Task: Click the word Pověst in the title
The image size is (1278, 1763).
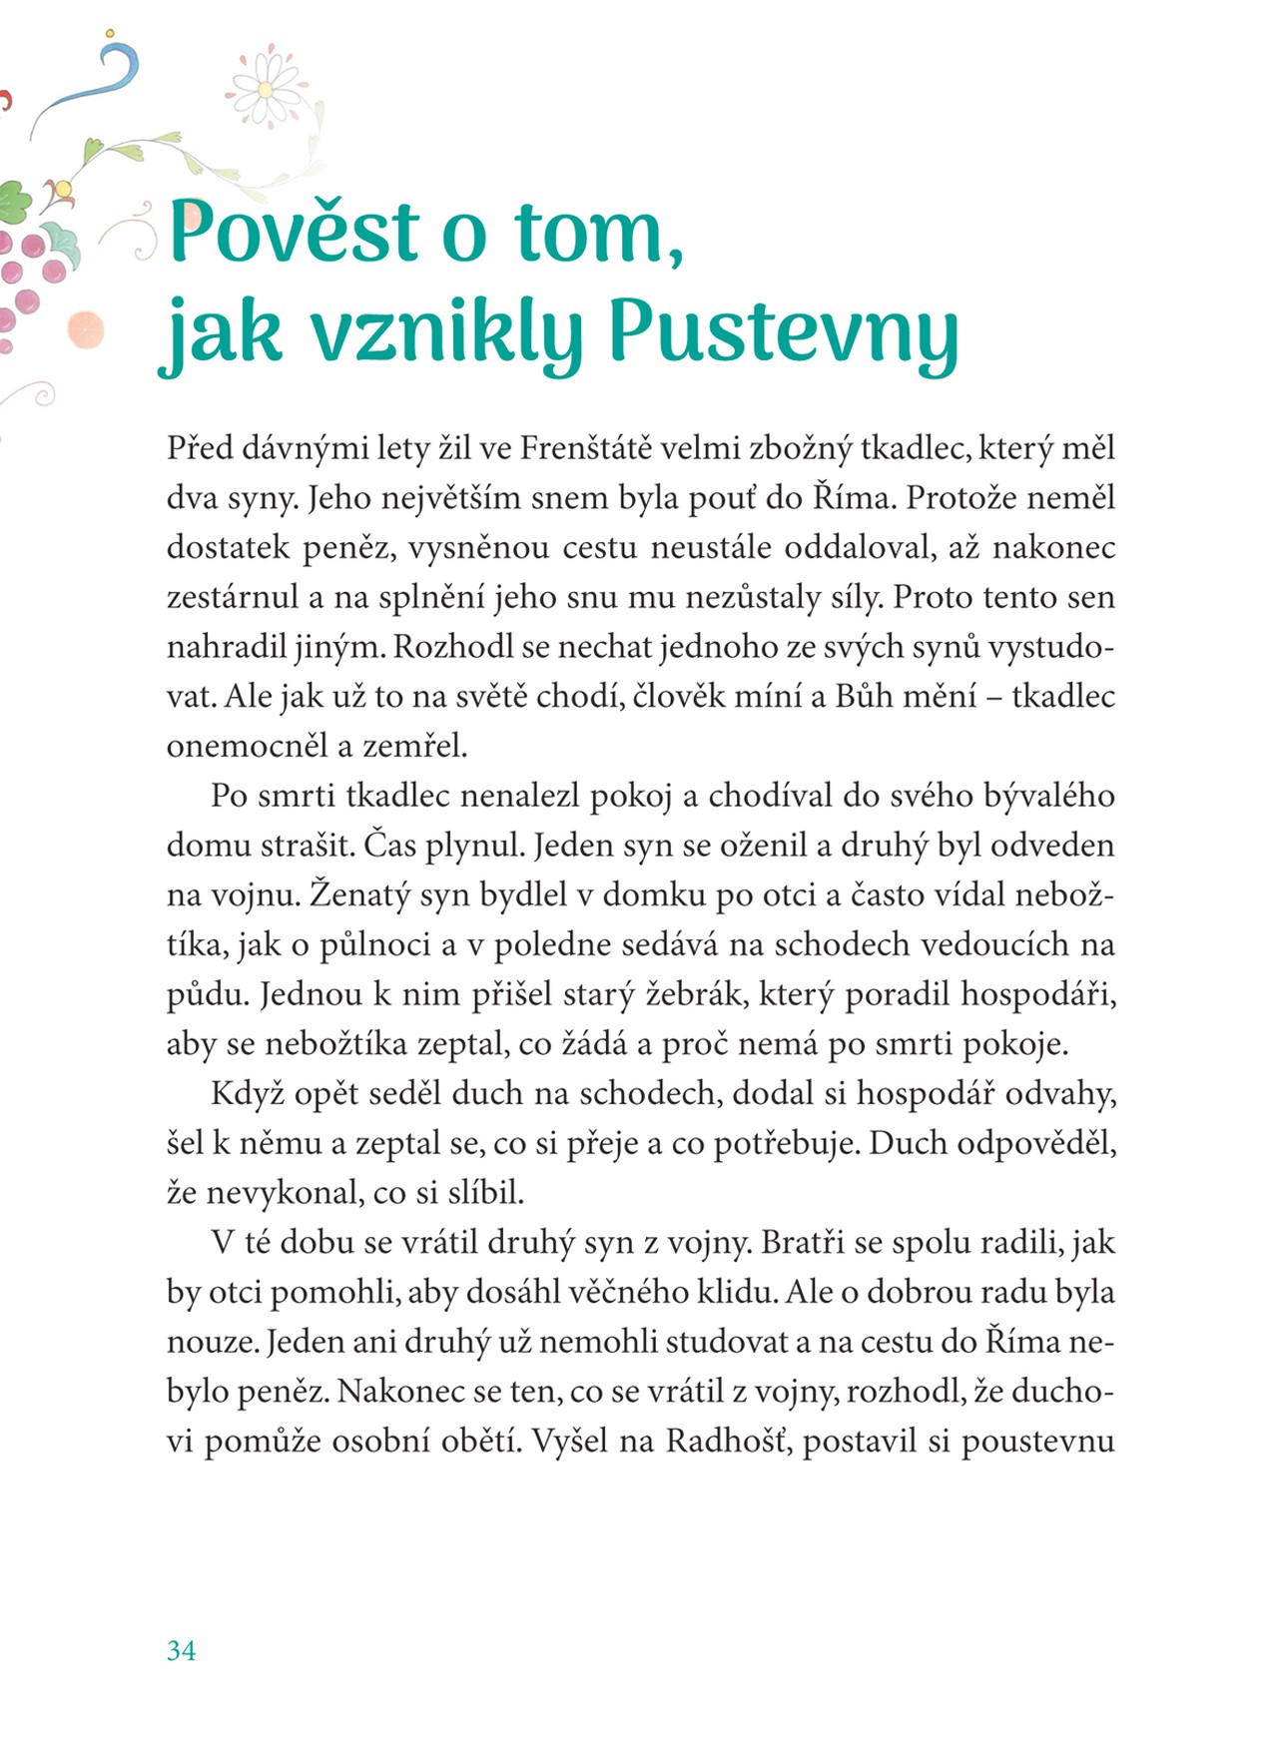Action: pyautogui.click(x=295, y=232)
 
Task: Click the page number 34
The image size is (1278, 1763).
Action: pyautogui.click(x=181, y=1650)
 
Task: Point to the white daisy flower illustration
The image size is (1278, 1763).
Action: pyautogui.click(x=266, y=89)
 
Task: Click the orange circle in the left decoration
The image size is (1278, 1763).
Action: pyautogui.click(x=86, y=328)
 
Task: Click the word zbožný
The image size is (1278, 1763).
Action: pyautogui.click(x=801, y=448)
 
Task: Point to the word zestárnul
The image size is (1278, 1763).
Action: pyautogui.click(x=232, y=597)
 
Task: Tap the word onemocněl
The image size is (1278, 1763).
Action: pyautogui.click(x=237, y=746)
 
